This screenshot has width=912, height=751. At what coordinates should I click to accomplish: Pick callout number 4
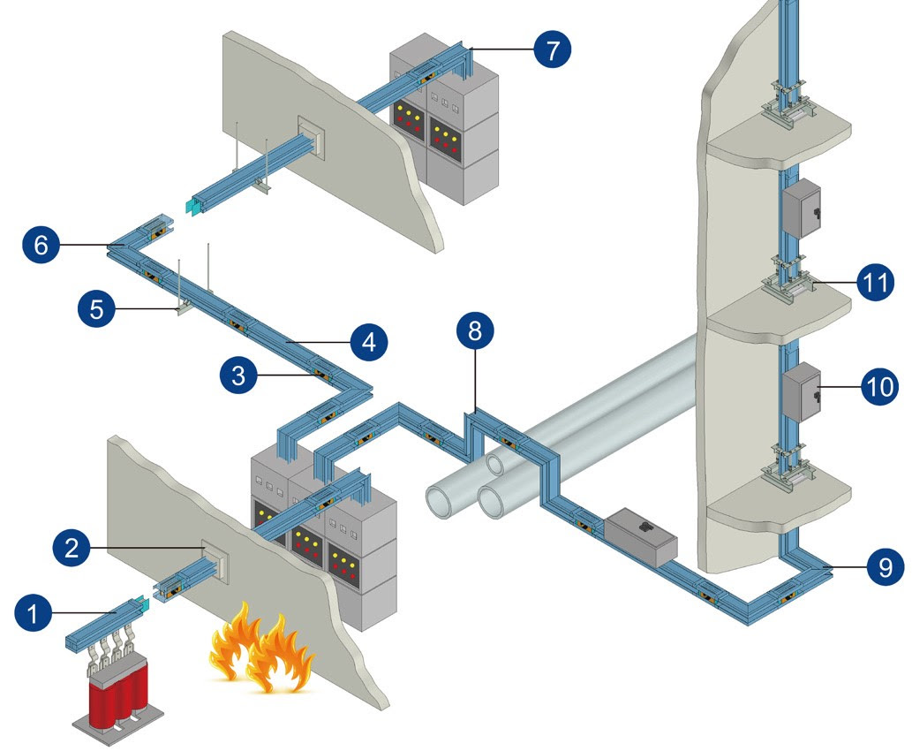point(369,342)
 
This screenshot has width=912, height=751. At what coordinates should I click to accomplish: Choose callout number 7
point(552,49)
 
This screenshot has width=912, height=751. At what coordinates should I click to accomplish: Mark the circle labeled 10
point(880,385)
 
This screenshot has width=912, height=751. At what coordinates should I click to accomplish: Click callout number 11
point(876,282)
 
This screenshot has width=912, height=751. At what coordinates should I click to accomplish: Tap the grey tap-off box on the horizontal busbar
point(639,534)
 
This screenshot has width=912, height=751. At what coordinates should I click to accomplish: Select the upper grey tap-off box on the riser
point(802,209)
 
